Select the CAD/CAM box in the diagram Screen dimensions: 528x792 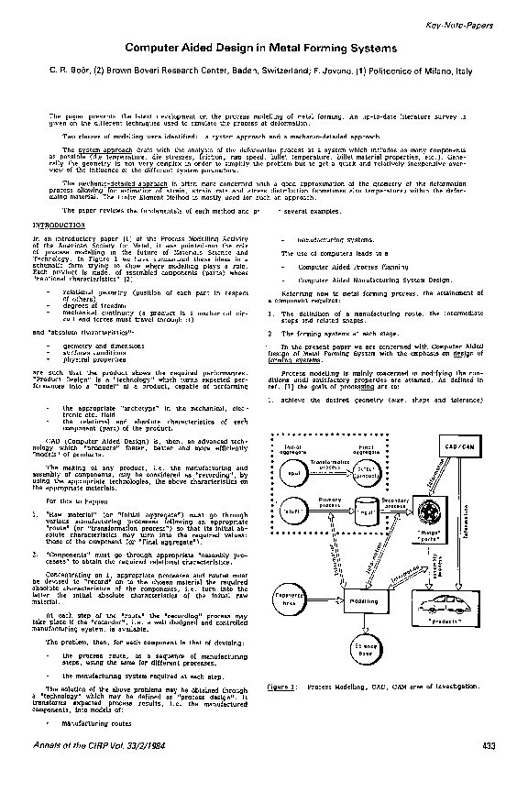point(459,445)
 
